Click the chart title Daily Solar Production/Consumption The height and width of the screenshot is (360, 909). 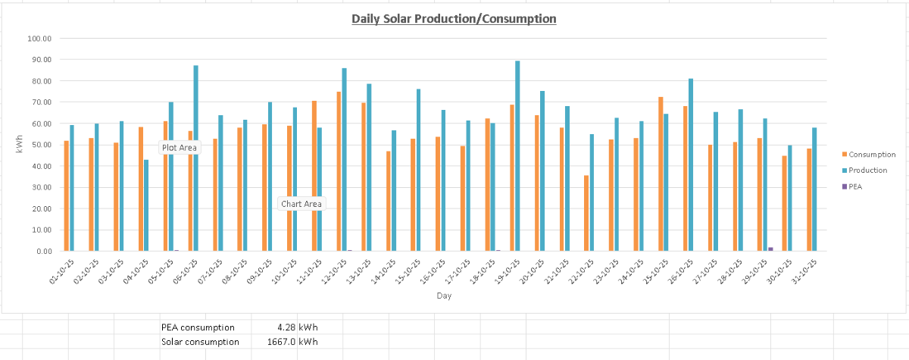(454, 18)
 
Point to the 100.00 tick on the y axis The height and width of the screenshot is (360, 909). (39, 38)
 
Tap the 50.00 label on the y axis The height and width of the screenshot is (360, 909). (39, 145)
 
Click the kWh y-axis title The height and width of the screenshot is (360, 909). (20, 145)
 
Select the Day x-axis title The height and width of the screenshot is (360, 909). (444, 296)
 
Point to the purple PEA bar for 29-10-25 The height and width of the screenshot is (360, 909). (770, 249)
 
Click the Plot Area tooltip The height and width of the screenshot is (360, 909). (180, 148)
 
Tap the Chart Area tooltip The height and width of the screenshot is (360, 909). (301, 204)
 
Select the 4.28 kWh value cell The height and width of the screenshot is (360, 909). (297, 327)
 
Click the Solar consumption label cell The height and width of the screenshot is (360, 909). (200, 342)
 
